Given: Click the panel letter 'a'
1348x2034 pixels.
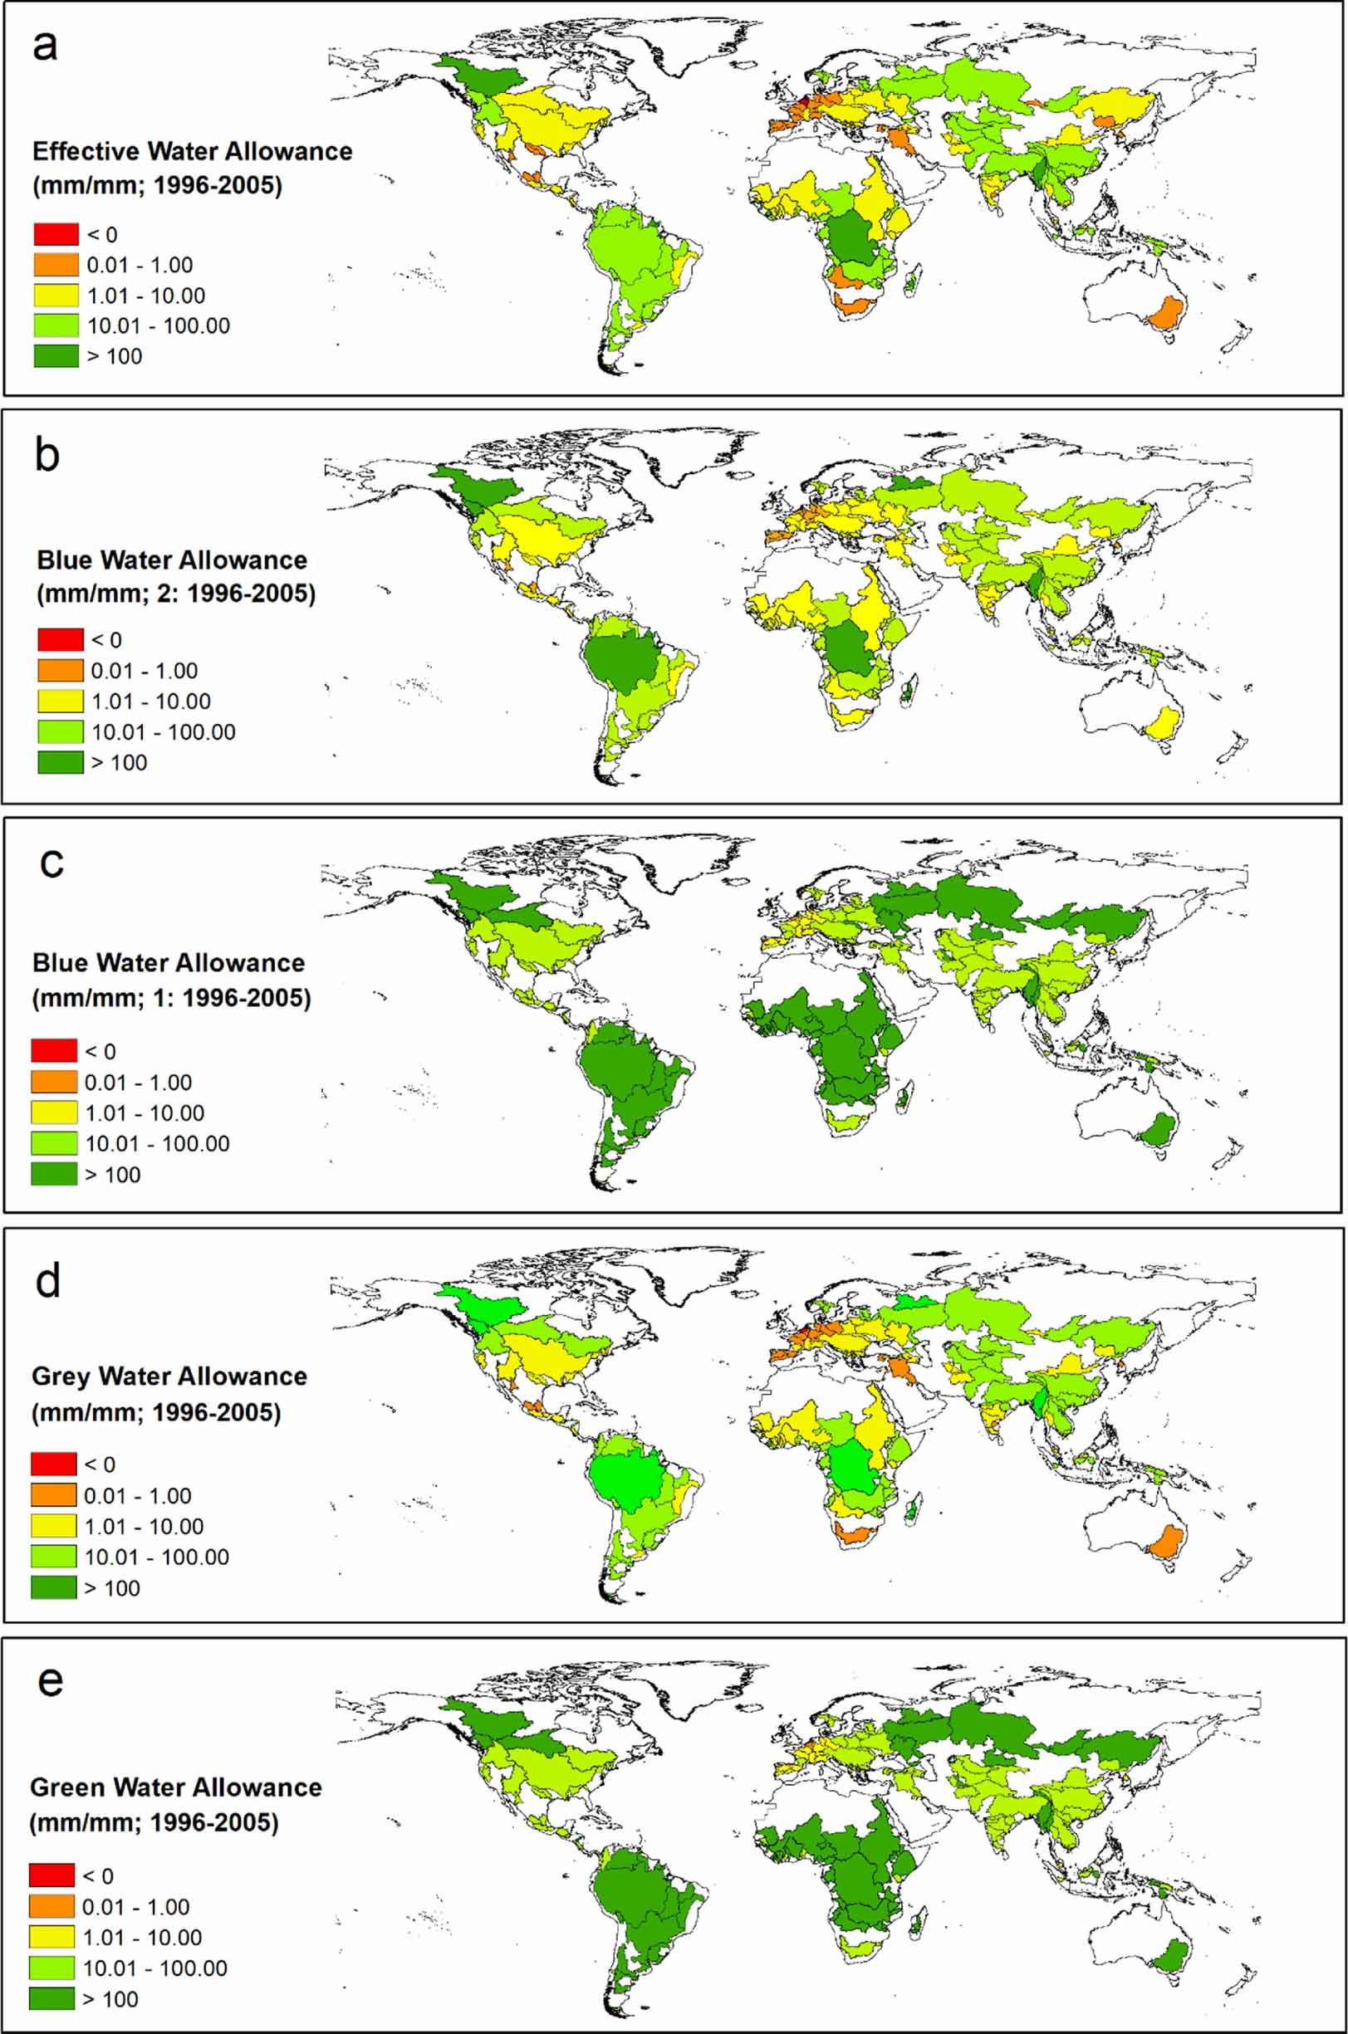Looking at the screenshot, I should tap(45, 46).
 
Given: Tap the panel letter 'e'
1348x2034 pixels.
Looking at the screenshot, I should tap(50, 1681).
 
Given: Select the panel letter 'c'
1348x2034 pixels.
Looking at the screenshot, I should tap(51, 862).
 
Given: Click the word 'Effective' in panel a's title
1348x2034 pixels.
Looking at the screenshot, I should tap(86, 151).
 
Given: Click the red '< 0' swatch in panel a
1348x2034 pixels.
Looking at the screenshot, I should tap(56, 234).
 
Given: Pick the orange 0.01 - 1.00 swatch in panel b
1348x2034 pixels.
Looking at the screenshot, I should tap(60, 670).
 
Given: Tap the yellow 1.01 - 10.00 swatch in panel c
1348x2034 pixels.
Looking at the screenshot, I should tap(53, 1112).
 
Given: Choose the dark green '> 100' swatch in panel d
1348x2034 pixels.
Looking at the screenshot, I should tap(53, 1588).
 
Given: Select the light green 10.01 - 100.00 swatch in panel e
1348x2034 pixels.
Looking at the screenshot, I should tap(51, 1968).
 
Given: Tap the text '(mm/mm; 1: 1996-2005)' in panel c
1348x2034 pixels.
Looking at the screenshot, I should tap(171, 998).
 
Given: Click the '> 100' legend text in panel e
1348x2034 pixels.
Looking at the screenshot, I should tap(110, 1999).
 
